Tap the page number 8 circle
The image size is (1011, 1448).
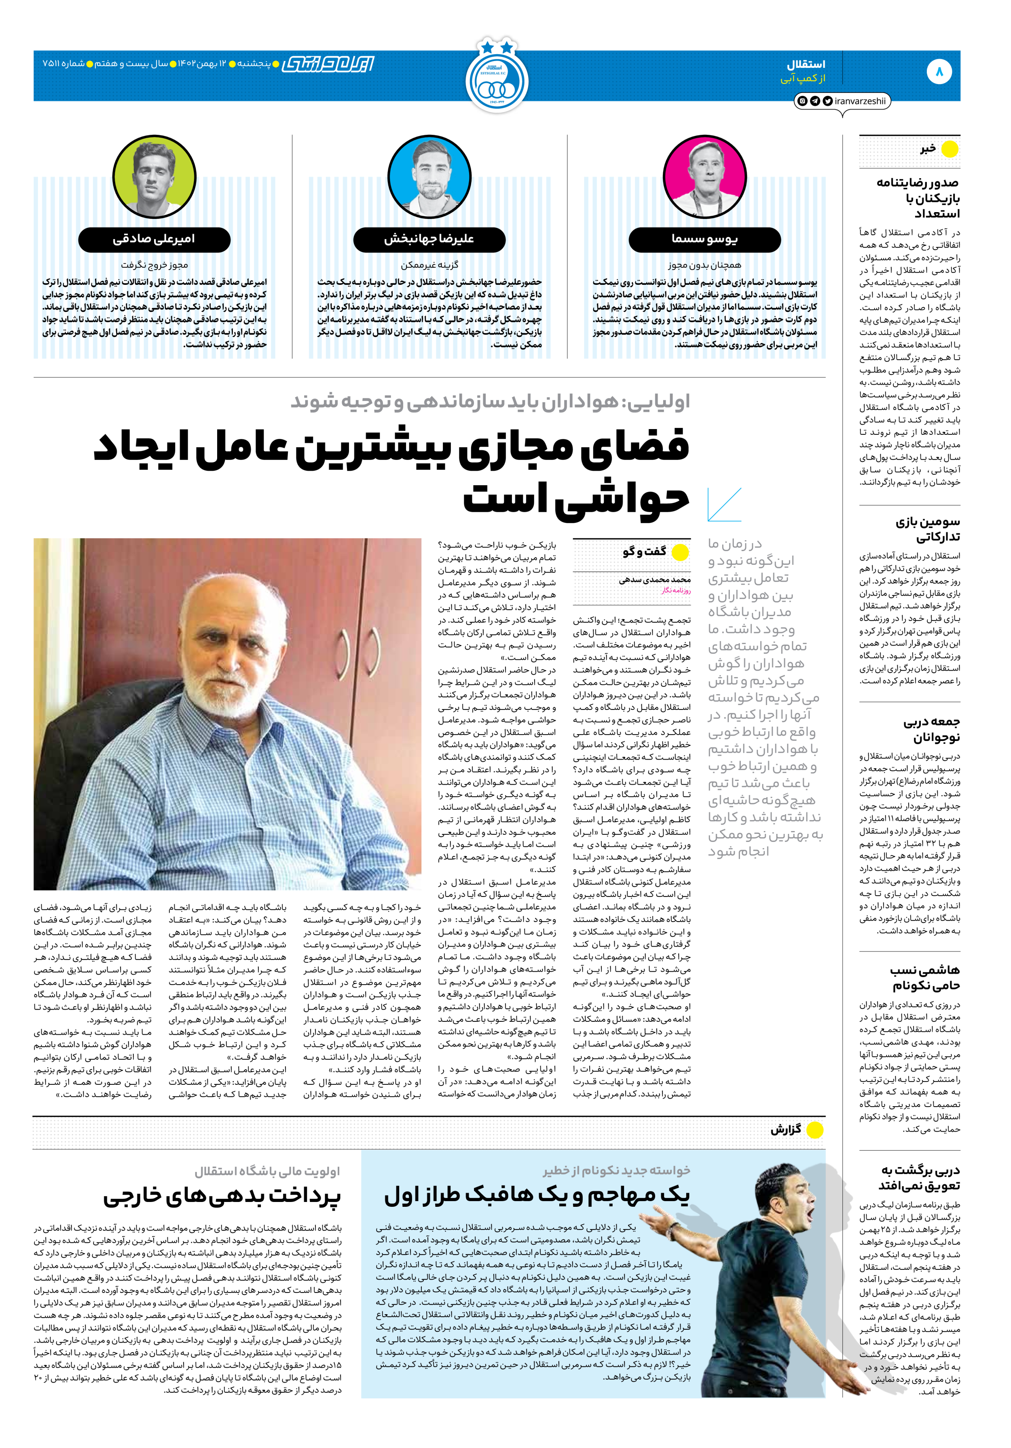tap(939, 72)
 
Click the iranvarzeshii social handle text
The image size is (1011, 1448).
tap(859, 101)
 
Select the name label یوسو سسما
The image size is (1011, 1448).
tap(704, 240)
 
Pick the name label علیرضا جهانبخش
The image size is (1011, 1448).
tap(429, 240)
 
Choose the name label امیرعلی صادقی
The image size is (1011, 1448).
tap(154, 240)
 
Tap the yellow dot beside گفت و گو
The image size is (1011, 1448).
tap(680, 552)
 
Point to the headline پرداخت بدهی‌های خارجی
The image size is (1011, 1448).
tap(222, 1196)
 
